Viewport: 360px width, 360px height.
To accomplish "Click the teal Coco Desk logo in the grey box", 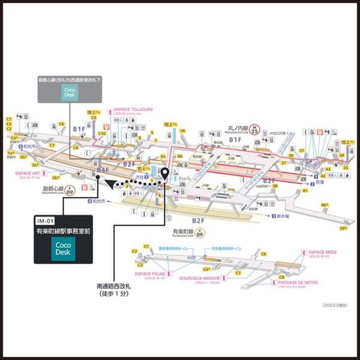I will click(x=69, y=92).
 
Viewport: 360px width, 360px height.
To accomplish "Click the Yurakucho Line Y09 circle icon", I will click(x=200, y=235).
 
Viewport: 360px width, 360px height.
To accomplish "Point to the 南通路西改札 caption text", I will click(x=118, y=287).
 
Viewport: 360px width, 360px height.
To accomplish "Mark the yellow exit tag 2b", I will click(x=45, y=178).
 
